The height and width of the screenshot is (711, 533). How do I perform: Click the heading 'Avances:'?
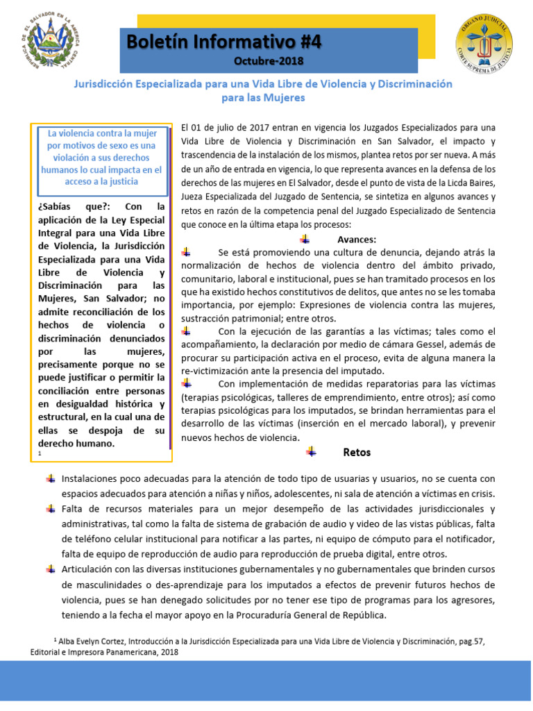click(x=356, y=239)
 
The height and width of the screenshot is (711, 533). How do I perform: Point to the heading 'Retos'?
click(x=357, y=452)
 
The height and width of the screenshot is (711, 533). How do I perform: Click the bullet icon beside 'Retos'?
click(x=312, y=452)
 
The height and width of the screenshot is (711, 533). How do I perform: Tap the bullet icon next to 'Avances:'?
click(x=305, y=239)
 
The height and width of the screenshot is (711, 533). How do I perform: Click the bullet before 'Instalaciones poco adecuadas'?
click(x=51, y=478)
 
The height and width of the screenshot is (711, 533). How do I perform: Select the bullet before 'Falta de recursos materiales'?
click(x=51, y=509)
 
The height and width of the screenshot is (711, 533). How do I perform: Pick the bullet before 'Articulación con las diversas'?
click(x=51, y=569)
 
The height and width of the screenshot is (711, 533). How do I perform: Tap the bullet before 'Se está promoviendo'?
click(x=186, y=252)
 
